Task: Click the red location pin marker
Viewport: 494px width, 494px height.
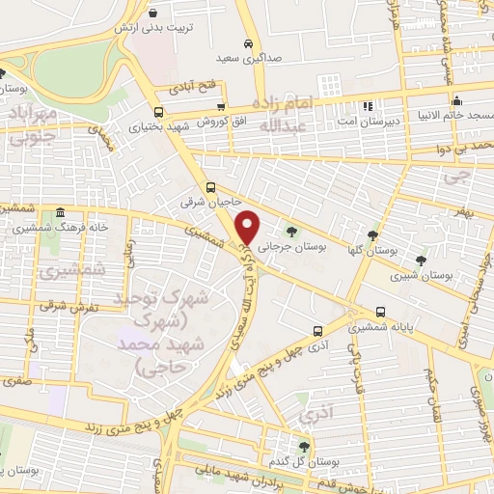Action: tap(249, 227)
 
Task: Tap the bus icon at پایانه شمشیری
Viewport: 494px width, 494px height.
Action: tap(382, 312)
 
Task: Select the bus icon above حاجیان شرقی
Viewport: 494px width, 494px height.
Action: tap(211, 188)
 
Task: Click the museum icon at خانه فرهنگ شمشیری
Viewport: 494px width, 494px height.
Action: tap(60, 212)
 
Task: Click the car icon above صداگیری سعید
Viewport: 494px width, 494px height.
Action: tap(249, 44)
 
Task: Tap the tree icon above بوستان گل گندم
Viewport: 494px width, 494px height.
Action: tap(305, 446)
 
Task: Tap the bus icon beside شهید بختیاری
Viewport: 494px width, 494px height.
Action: tap(159, 111)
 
